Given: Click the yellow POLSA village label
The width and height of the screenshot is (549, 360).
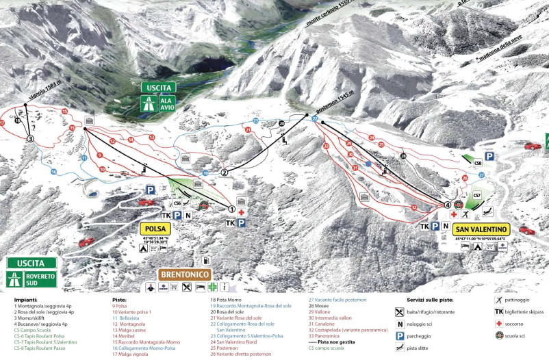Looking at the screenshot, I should [x=157, y=229].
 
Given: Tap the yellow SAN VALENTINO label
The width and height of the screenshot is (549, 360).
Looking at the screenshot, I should [x=482, y=228].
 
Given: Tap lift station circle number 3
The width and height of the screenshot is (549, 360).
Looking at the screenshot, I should [x=30, y=138].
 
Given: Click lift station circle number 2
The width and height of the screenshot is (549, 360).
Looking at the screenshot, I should [x=223, y=172].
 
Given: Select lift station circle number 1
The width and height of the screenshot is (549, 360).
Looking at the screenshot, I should [x=231, y=209].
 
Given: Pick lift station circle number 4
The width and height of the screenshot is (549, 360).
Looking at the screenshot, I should [x=448, y=205].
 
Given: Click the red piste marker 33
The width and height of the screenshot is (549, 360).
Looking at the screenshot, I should [x=326, y=145].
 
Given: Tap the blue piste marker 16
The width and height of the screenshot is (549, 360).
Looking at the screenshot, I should [x=53, y=172].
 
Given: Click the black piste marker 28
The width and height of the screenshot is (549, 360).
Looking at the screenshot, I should [x=404, y=157].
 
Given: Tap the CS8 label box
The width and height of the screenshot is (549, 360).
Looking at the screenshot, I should [x=477, y=163].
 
